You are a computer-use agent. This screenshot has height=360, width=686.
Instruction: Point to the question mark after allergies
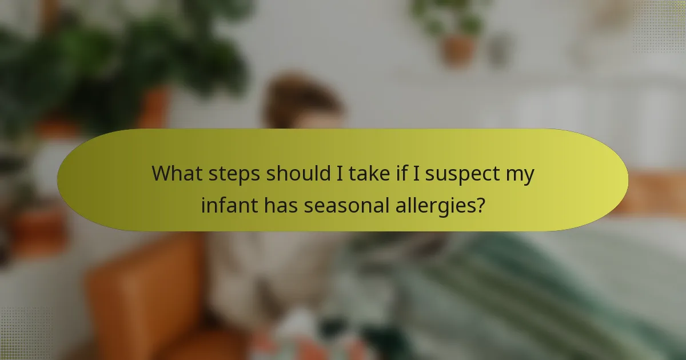480,205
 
